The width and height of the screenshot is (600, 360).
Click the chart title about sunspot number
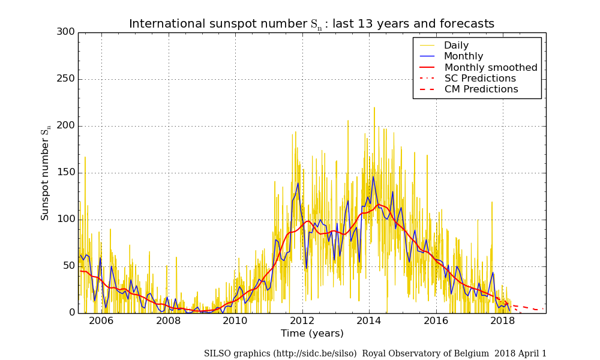[311, 24]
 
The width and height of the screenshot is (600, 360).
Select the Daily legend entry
[456, 46]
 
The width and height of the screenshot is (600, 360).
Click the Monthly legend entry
[463, 56]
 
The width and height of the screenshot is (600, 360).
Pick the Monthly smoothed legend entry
[490, 67]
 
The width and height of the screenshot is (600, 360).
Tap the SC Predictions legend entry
[479, 79]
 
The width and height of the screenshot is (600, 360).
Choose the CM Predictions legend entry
[481, 89]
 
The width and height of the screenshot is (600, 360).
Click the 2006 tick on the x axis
[101, 321]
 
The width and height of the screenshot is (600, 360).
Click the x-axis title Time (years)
[312, 334]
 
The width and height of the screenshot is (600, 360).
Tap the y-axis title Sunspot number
[46, 174]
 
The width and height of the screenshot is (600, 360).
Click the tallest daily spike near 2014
[374, 108]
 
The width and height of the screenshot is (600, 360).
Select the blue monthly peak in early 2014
[373, 176]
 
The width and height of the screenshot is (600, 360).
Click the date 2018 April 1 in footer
[520, 354]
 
